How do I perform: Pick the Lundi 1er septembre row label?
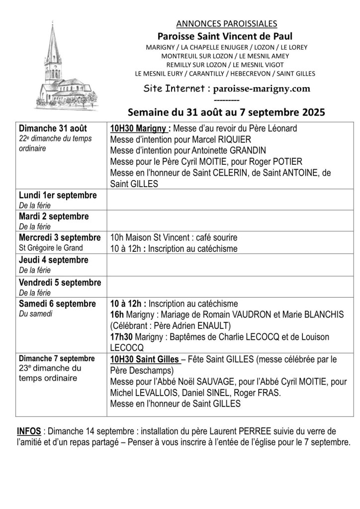point(58,195)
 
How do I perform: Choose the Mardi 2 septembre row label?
point(54,216)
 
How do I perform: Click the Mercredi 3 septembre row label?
point(60,238)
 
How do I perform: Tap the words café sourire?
point(216,238)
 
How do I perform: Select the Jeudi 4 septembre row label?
point(53,260)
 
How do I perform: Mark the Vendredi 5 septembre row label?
point(60,282)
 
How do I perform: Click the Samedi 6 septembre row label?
point(57,304)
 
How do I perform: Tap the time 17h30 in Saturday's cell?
point(120,337)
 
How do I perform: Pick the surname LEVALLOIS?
point(136,393)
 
